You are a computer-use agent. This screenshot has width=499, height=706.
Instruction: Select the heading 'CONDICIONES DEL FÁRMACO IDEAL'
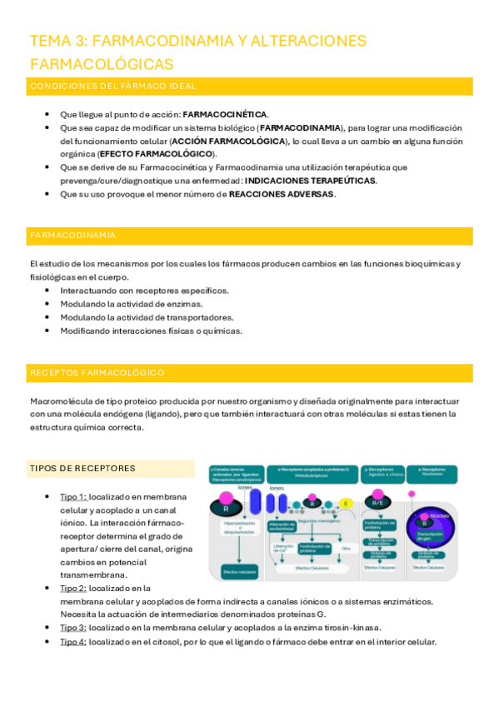coord(112,86)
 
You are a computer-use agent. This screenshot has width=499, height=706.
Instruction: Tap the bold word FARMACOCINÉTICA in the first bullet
coord(225,114)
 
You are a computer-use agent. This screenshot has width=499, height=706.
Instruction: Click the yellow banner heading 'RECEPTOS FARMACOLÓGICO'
coord(97,372)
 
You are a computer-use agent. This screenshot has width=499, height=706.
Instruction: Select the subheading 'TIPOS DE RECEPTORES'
coord(82,468)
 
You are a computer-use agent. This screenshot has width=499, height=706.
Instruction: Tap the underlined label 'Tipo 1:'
coord(73,496)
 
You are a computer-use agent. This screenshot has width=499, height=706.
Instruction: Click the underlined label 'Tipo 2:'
coord(73,588)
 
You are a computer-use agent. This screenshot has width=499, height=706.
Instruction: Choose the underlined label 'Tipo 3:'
coord(73,628)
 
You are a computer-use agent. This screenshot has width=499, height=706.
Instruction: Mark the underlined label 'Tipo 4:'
coord(73,642)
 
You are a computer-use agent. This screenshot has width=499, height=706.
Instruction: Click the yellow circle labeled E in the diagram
coord(346,503)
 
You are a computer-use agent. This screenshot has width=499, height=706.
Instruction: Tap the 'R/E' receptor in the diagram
coord(378,503)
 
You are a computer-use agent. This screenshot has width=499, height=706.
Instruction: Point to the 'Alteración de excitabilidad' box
coord(285,525)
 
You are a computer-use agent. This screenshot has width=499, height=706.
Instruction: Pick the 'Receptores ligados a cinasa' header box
coord(383,474)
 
